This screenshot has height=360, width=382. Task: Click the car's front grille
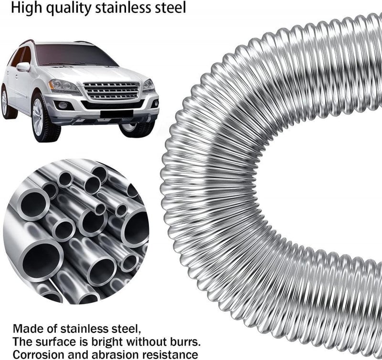click(112, 90)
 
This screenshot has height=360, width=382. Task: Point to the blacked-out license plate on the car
click(117, 114)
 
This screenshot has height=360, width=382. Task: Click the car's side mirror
click(23, 66)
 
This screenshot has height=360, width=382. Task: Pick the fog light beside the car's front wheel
click(63, 105)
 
